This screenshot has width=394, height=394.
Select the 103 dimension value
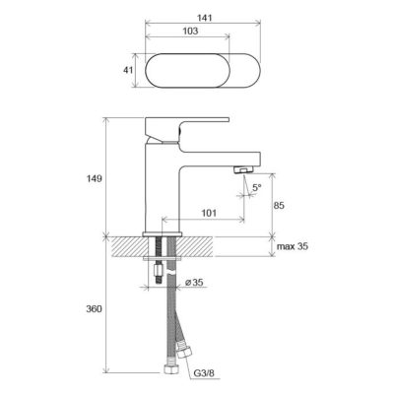click(190, 31)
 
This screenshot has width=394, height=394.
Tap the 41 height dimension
click(128, 70)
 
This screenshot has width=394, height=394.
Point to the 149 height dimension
click(95, 179)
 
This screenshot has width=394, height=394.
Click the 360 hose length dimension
click(95, 309)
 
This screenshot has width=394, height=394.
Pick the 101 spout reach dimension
click(209, 213)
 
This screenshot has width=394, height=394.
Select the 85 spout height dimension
click(279, 206)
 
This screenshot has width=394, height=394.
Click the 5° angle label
click(257, 187)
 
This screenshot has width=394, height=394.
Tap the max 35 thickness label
click(293, 246)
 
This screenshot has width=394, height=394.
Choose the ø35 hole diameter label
click(194, 282)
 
